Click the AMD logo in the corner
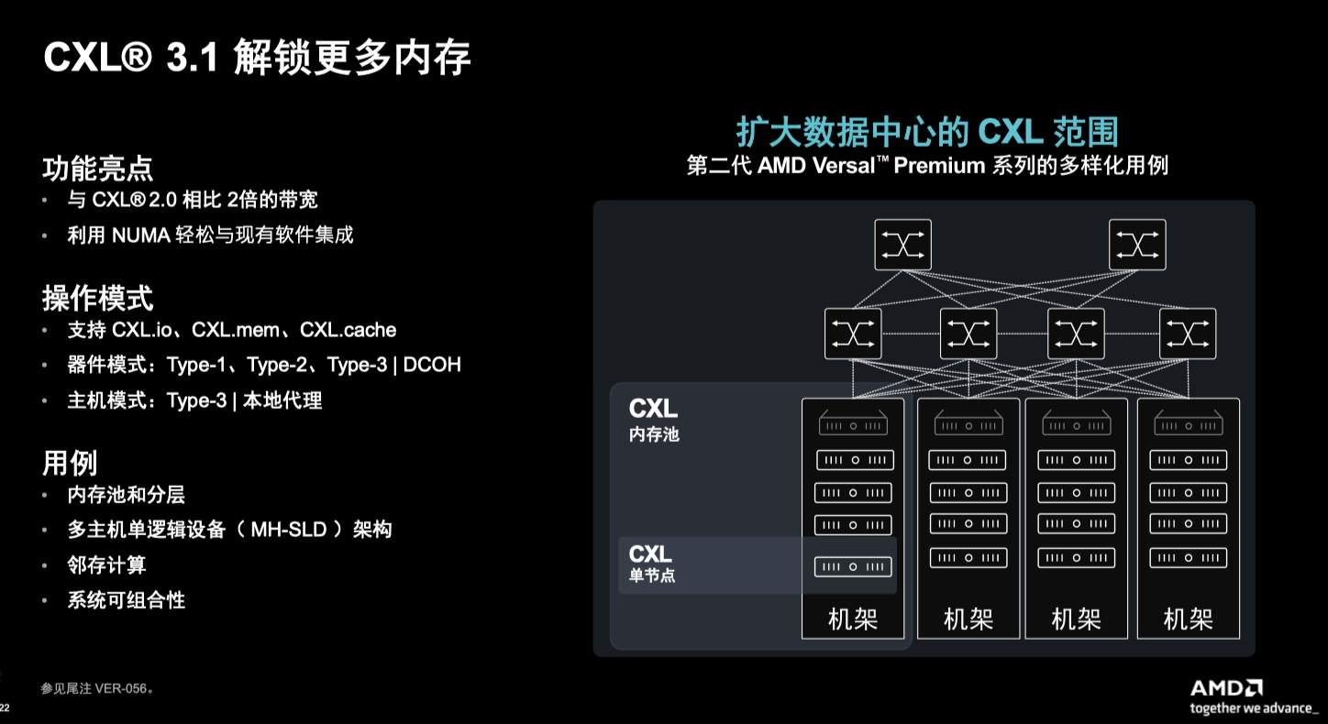[x=1226, y=688]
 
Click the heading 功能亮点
[x=97, y=169]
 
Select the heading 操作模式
[x=97, y=298]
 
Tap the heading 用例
[x=70, y=463]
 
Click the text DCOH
[x=433, y=365]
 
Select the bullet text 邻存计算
[x=107, y=565]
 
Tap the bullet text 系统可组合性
[x=127, y=601]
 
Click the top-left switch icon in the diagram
[x=902, y=245]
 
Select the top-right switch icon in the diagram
[x=1137, y=245]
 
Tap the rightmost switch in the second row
[x=1188, y=334]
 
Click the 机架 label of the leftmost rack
[x=853, y=620]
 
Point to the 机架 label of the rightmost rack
[x=1188, y=620]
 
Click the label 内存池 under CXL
[x=654, y=434]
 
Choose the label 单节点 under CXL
[x=652, y=576]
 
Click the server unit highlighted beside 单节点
[x=853, y=566]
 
